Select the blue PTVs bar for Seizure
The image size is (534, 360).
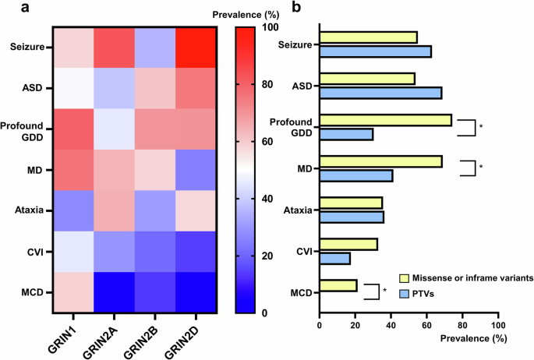tap(375, 51)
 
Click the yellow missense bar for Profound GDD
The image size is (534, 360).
tap(385, 120)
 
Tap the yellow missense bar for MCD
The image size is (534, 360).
tap(338, 286)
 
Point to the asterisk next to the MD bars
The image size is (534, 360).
tap(479, 167)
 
